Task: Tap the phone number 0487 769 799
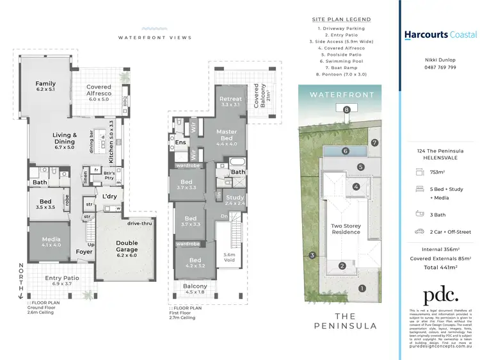(x=438, y=67)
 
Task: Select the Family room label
(x=45, y=87)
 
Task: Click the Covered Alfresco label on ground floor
(x=99, y=91)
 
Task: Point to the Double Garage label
(x=126, y=247)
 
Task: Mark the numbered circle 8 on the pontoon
(x=346, y=110)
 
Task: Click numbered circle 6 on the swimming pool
(x=345, y=151)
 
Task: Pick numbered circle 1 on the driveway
(x=362, y=288)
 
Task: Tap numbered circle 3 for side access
(x=312, y=256)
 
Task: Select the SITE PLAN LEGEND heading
(x=346, y=19)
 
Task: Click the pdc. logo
(x=441, y=295)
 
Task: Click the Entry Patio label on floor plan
(x=62, y=280)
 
